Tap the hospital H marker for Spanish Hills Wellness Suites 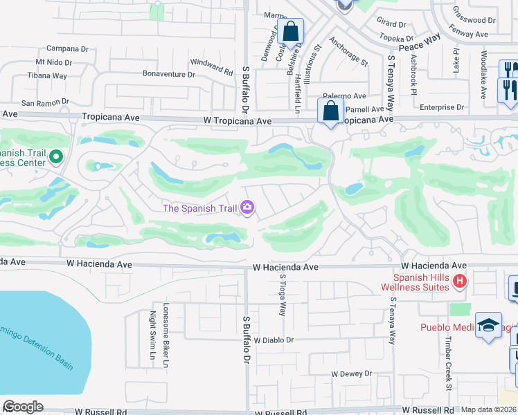[459, 281]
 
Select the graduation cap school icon [488, 325]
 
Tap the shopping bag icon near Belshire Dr [291, 31]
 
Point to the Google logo [22, 407]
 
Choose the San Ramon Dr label [45, 102]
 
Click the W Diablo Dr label [274, 340]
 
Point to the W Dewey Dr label [352, 373]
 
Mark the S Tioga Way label [283, 295]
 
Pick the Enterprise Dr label [442, 107]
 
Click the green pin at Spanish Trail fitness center [55, 158]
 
